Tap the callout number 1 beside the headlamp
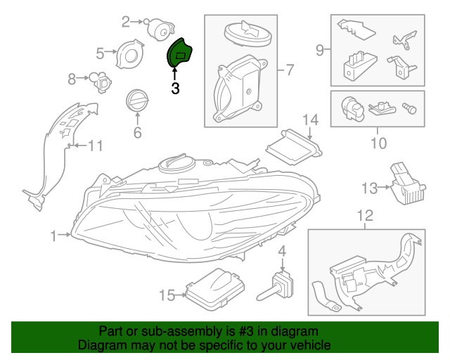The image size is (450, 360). tap(53, 236)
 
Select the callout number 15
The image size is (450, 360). tap(166, 295)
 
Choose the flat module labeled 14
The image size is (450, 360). tap(293, 146)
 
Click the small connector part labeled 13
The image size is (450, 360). tap(407, 185)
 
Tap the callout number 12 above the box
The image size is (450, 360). tap(366, 216)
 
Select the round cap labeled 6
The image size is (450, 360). tap(136, 100)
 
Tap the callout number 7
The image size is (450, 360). tap(288, 70)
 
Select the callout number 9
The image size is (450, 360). tap(319, 49)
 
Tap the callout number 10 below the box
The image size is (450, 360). tap(378, 143)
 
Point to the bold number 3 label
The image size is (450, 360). tap(175, 89)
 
